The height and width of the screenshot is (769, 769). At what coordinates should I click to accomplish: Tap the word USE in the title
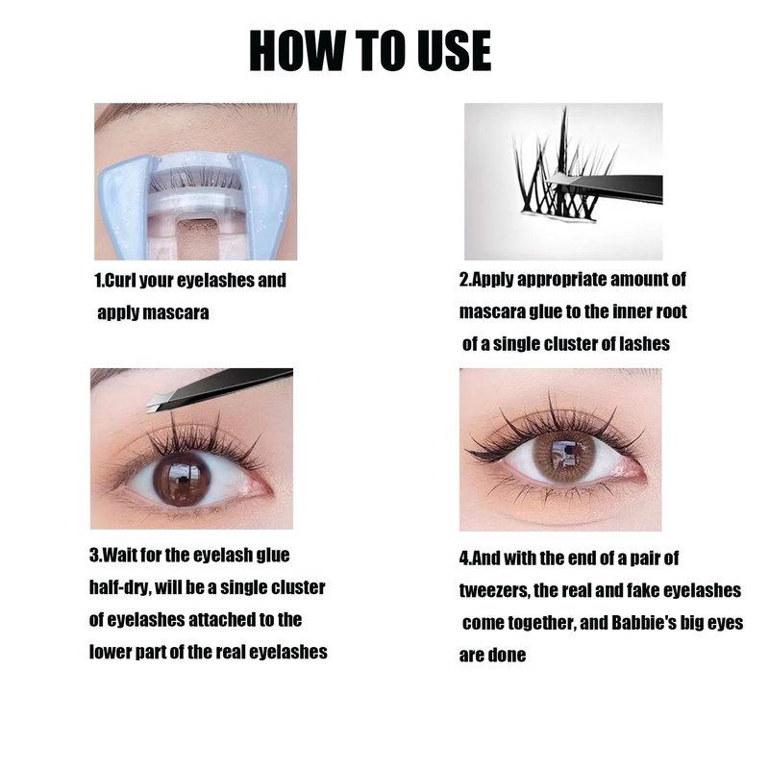[x=454, y=51]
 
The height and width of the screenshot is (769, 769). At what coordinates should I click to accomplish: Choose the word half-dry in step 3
[x=119, y=588]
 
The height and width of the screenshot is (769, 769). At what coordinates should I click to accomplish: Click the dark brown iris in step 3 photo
[x=182, y=479]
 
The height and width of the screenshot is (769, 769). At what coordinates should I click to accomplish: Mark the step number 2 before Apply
[x=463, y=279]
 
